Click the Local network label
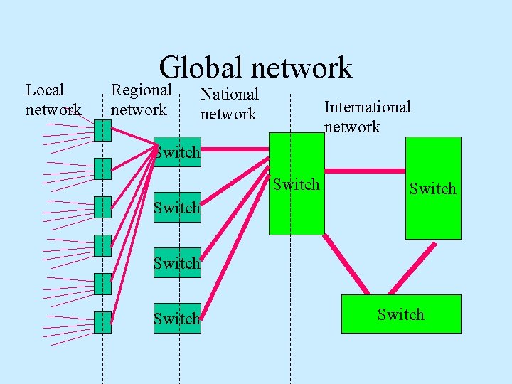(x=53, y=100)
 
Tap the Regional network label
(x=141, y=100)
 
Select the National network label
(x=229, y=104)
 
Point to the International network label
(x=367, y=117)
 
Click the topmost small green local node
(x=102, y=130)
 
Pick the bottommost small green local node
(x=102, y=322)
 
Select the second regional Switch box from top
(x=178, y=208)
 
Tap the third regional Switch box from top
(x=178, y=263)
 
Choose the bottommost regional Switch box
(x=178, y=319)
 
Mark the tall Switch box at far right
(x=432, y=188)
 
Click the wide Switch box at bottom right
(x=401, y=314)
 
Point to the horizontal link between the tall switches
(x=365, y=171)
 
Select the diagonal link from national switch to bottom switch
(x=346, y=264)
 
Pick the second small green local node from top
(x=102, y=169)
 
